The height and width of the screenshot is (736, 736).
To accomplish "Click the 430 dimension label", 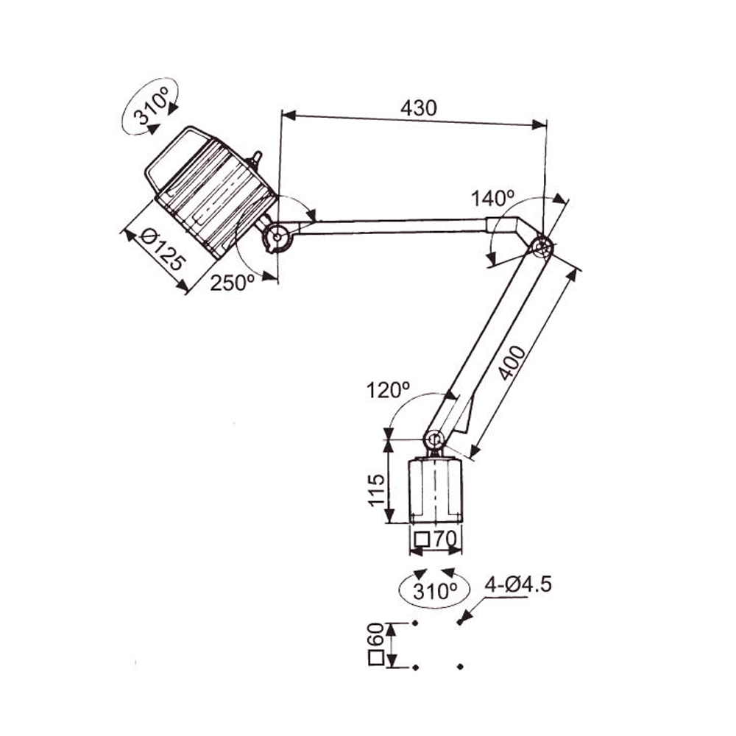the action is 418,108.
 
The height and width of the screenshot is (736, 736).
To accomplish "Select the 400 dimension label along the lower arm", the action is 512,363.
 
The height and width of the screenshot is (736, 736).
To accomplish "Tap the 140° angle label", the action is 492,198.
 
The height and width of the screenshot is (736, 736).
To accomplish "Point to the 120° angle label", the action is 388,390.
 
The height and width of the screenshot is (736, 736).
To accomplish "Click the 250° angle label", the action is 233,283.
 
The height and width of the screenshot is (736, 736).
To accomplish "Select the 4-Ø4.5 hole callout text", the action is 518,585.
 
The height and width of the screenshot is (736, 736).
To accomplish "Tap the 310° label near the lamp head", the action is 150,107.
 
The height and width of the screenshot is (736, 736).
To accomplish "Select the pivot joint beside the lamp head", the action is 277,236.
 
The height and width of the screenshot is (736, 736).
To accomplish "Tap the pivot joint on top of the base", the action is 434,440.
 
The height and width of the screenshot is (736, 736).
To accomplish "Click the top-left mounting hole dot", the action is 415,623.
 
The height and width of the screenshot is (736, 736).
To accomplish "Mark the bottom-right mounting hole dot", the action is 461,667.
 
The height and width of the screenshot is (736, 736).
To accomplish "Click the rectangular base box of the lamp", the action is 436,490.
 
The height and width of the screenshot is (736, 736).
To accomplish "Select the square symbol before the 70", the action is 422,539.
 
